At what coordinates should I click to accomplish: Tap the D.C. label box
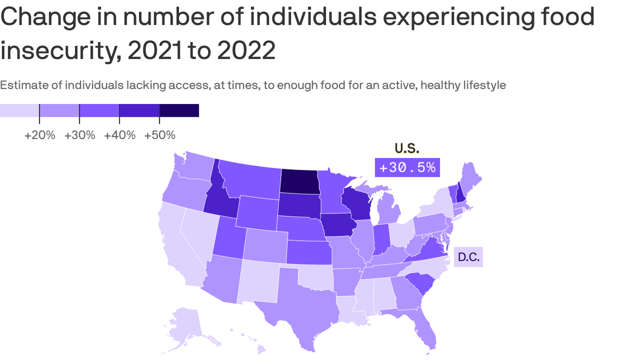(468, 257)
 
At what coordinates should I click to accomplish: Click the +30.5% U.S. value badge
(407, 167)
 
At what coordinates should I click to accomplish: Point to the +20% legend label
(40, 135)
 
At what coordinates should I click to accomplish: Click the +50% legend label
(160, 135)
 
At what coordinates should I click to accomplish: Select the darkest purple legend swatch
(179, 111)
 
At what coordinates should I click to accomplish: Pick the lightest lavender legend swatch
(19, 111)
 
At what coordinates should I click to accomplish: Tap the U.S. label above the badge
(407, 148)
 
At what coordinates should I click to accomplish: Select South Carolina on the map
(419, 284)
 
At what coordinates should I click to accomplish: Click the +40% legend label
(120, 135)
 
